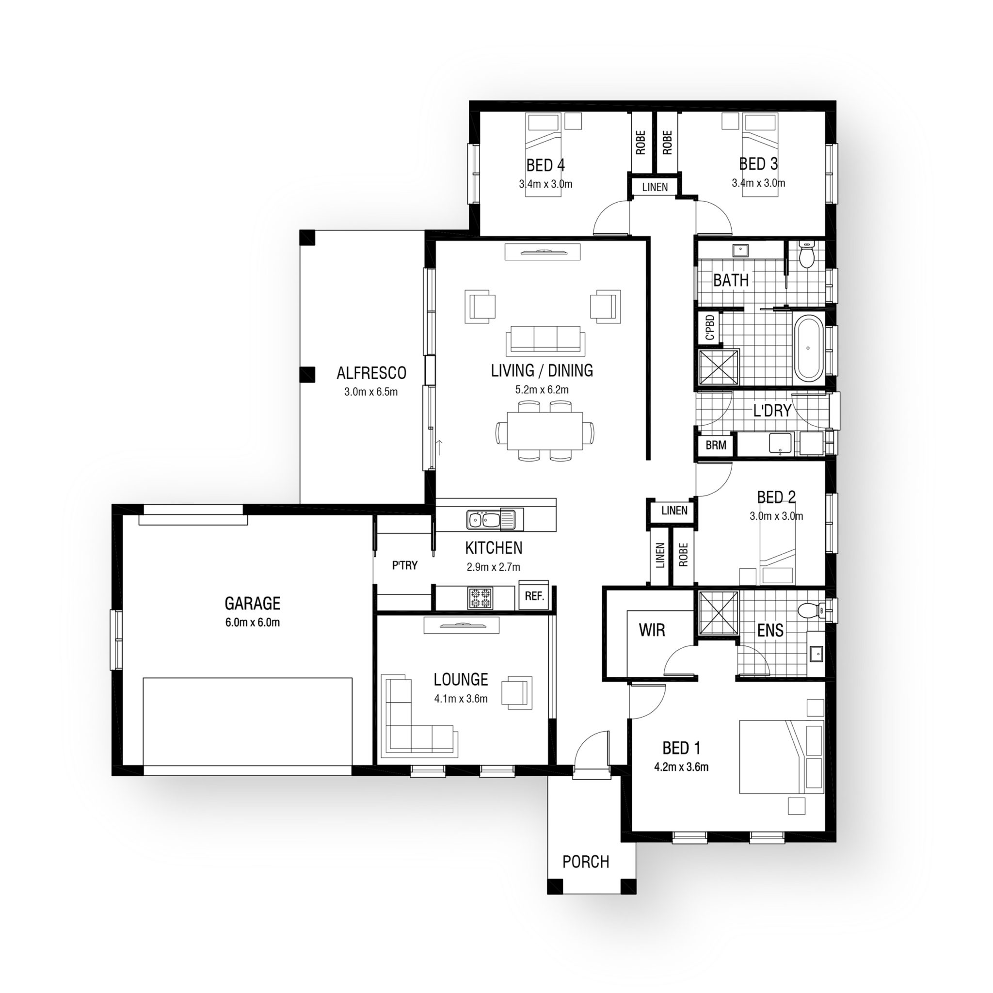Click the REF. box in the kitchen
[534, 596]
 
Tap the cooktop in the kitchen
[480, 598]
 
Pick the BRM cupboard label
[716, 445]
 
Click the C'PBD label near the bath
[710, 327]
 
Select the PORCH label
[585, 862]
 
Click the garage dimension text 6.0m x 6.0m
[252, 623]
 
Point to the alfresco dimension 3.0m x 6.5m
[370, 392]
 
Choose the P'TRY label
[405, 565]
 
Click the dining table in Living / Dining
[545, 430]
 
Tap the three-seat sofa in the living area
[545, 340]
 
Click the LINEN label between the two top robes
[655, 187]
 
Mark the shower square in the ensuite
[718, 613]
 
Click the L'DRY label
[772, 411]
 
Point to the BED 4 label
[545, 165]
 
